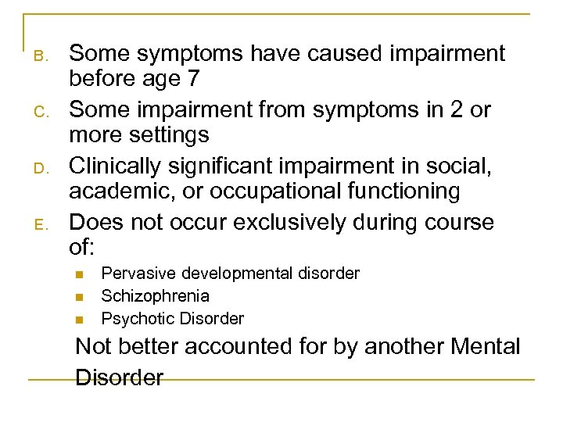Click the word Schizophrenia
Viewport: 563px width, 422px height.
click(155, 296)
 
